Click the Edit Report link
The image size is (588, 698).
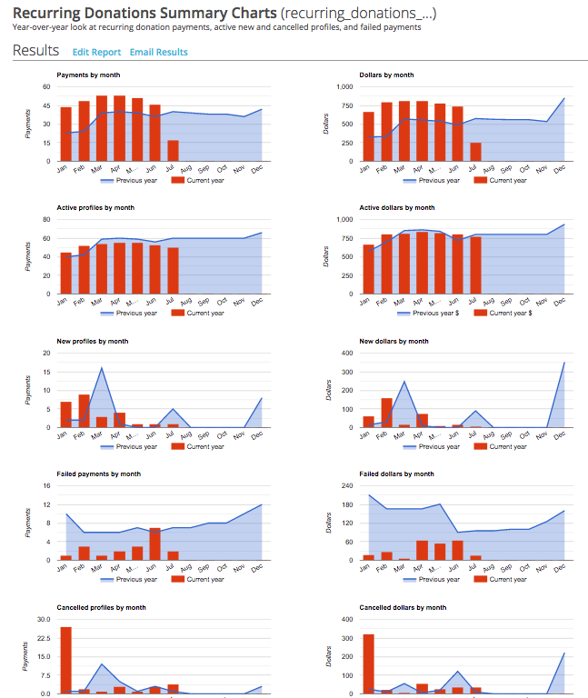point(96,53)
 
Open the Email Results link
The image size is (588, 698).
point(158,53)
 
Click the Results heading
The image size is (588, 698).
point(35,51)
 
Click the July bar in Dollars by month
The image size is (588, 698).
point(475,152)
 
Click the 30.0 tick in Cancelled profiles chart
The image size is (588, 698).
point(43,619)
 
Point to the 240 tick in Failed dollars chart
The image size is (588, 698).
point(346,486)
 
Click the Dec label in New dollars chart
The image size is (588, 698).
point(561,435)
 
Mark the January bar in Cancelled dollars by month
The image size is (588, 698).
point(368,663)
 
